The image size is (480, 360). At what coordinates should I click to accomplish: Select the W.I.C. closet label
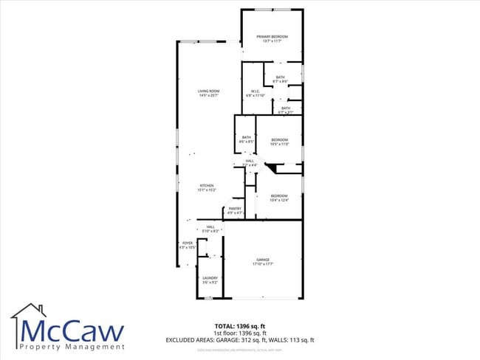click(x=254, y=93)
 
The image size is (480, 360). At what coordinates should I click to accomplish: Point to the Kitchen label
click(x=206, y=187)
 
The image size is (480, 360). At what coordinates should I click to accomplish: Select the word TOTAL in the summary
click(x=225, y=325)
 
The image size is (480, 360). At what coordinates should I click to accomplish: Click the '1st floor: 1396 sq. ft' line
click(x=241, y=333)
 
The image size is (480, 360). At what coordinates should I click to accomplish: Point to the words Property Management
click(x=72, y=346)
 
